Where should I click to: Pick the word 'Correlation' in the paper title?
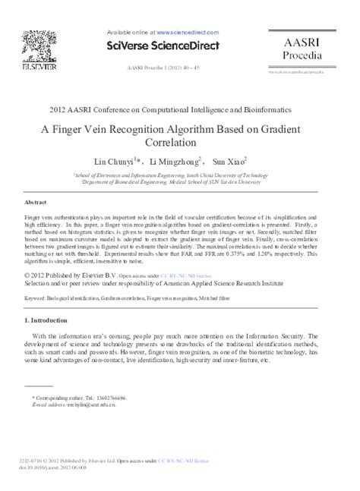pos(180,142)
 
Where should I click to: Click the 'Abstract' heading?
pos(36,203)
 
